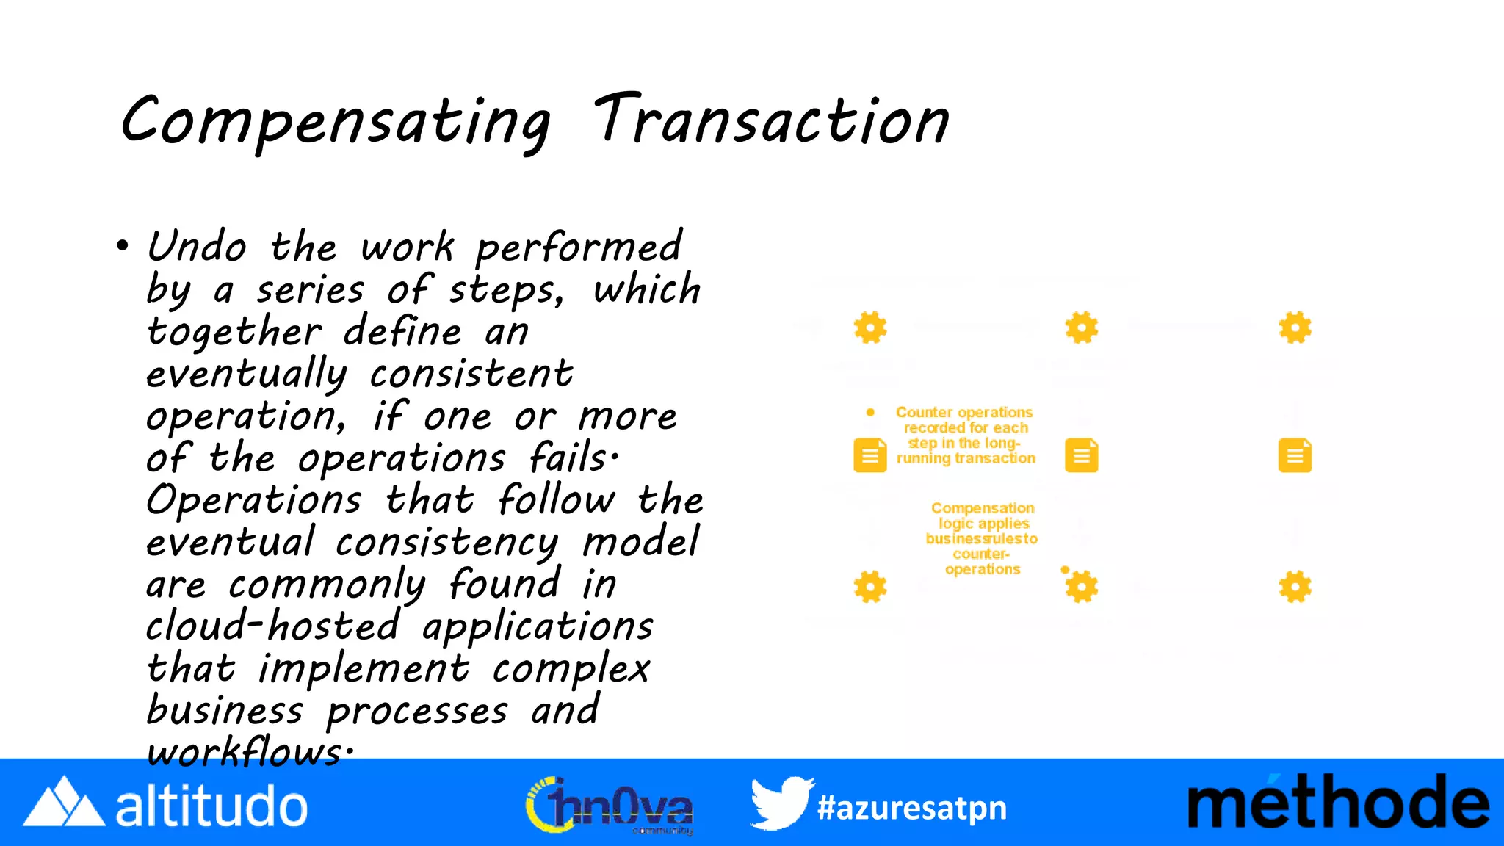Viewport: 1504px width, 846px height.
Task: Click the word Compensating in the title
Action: [x=335, y=122]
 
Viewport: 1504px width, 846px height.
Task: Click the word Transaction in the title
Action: [x=771, y=120]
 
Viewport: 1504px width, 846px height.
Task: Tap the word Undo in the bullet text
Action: [x=197, y=247]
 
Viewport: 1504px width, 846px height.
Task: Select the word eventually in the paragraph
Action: [x=246, y=375]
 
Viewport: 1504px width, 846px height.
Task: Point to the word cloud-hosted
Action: [x=272, y=626]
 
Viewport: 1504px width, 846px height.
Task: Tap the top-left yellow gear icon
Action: [x=870, y=328]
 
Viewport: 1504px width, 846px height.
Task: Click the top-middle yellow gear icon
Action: [x=1082, y=328]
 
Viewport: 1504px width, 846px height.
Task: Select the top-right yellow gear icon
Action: [x=1295, y=328]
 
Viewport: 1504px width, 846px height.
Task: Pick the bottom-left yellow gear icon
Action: [x=870, y=587]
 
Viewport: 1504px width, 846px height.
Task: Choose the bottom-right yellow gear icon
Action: [x=1295, y=587]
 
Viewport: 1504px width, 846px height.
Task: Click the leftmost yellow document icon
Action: [x=870, y=455]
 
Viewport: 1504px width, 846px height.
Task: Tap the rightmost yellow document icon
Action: [x=1295, y=455]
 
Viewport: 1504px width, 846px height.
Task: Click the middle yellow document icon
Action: [x=1082, y=455]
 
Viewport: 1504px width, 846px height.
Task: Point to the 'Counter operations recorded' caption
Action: [x=965, y=435]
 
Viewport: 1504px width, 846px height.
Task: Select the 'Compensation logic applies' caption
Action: [x=982, y=538]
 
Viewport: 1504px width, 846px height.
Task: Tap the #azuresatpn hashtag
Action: [x=912, y=808]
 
